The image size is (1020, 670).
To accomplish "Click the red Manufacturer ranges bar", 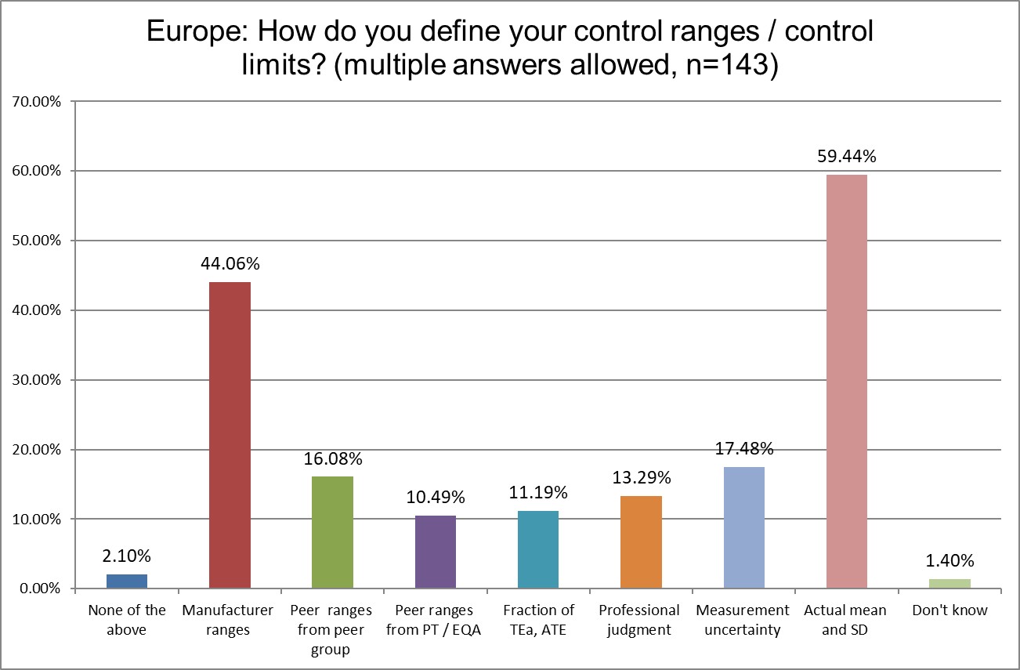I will [230, 435].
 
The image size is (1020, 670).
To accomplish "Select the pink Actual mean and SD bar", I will [847, 382].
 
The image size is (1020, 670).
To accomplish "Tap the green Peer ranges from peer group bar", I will [332, 532].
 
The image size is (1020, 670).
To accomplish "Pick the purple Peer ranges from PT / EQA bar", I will [436, 552].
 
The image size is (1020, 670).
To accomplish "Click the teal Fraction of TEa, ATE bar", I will [538, 549].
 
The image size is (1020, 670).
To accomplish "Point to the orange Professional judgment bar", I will [641, 542].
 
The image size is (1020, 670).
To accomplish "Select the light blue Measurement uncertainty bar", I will [743, 527].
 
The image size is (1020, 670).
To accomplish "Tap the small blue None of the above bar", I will [127, 581].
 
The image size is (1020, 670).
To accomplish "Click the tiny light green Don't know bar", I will [949, 584].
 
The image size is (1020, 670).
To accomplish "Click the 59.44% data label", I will [847, 157].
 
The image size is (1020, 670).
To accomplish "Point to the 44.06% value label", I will [230, 264].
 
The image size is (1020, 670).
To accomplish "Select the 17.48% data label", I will [743, 449].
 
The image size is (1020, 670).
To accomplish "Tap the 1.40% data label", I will [949, 561].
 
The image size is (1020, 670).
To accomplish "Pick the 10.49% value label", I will [436, 498].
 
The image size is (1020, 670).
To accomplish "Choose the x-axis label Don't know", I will [949, 610].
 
